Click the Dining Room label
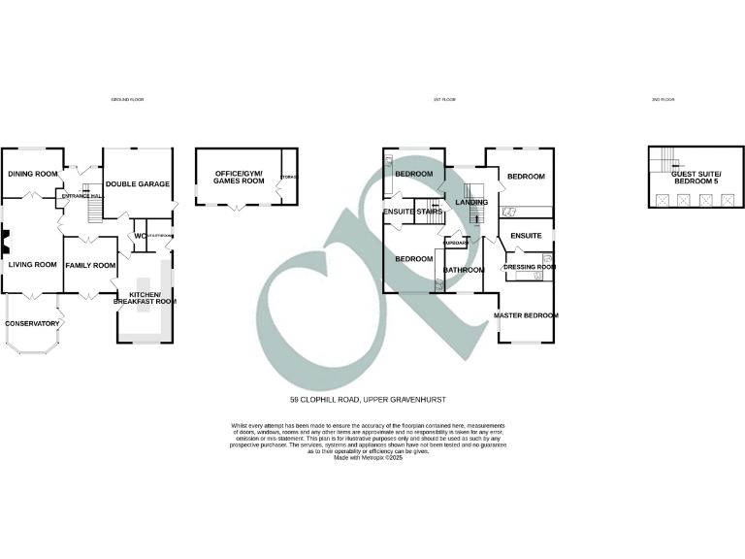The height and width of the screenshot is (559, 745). pos(30,174)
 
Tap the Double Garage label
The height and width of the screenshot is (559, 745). pos(138,183)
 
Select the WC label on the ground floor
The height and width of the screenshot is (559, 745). pos(140,236)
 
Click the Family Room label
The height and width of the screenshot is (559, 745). pos(90,265)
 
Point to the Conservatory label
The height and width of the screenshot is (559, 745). pos(32,324)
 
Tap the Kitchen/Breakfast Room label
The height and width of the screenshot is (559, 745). pos(145,298)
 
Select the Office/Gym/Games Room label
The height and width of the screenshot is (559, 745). pos(239,177)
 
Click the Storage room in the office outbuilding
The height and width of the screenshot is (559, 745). pos(288,177)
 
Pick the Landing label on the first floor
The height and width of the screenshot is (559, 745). pos(472,202)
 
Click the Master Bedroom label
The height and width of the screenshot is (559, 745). pos(526,315)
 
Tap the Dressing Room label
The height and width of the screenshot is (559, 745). pos(530,266)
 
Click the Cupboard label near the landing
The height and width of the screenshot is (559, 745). pos(456,243)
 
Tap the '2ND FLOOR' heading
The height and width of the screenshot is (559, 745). pos(664,100)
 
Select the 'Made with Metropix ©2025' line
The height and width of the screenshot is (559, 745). pos(368,457)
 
